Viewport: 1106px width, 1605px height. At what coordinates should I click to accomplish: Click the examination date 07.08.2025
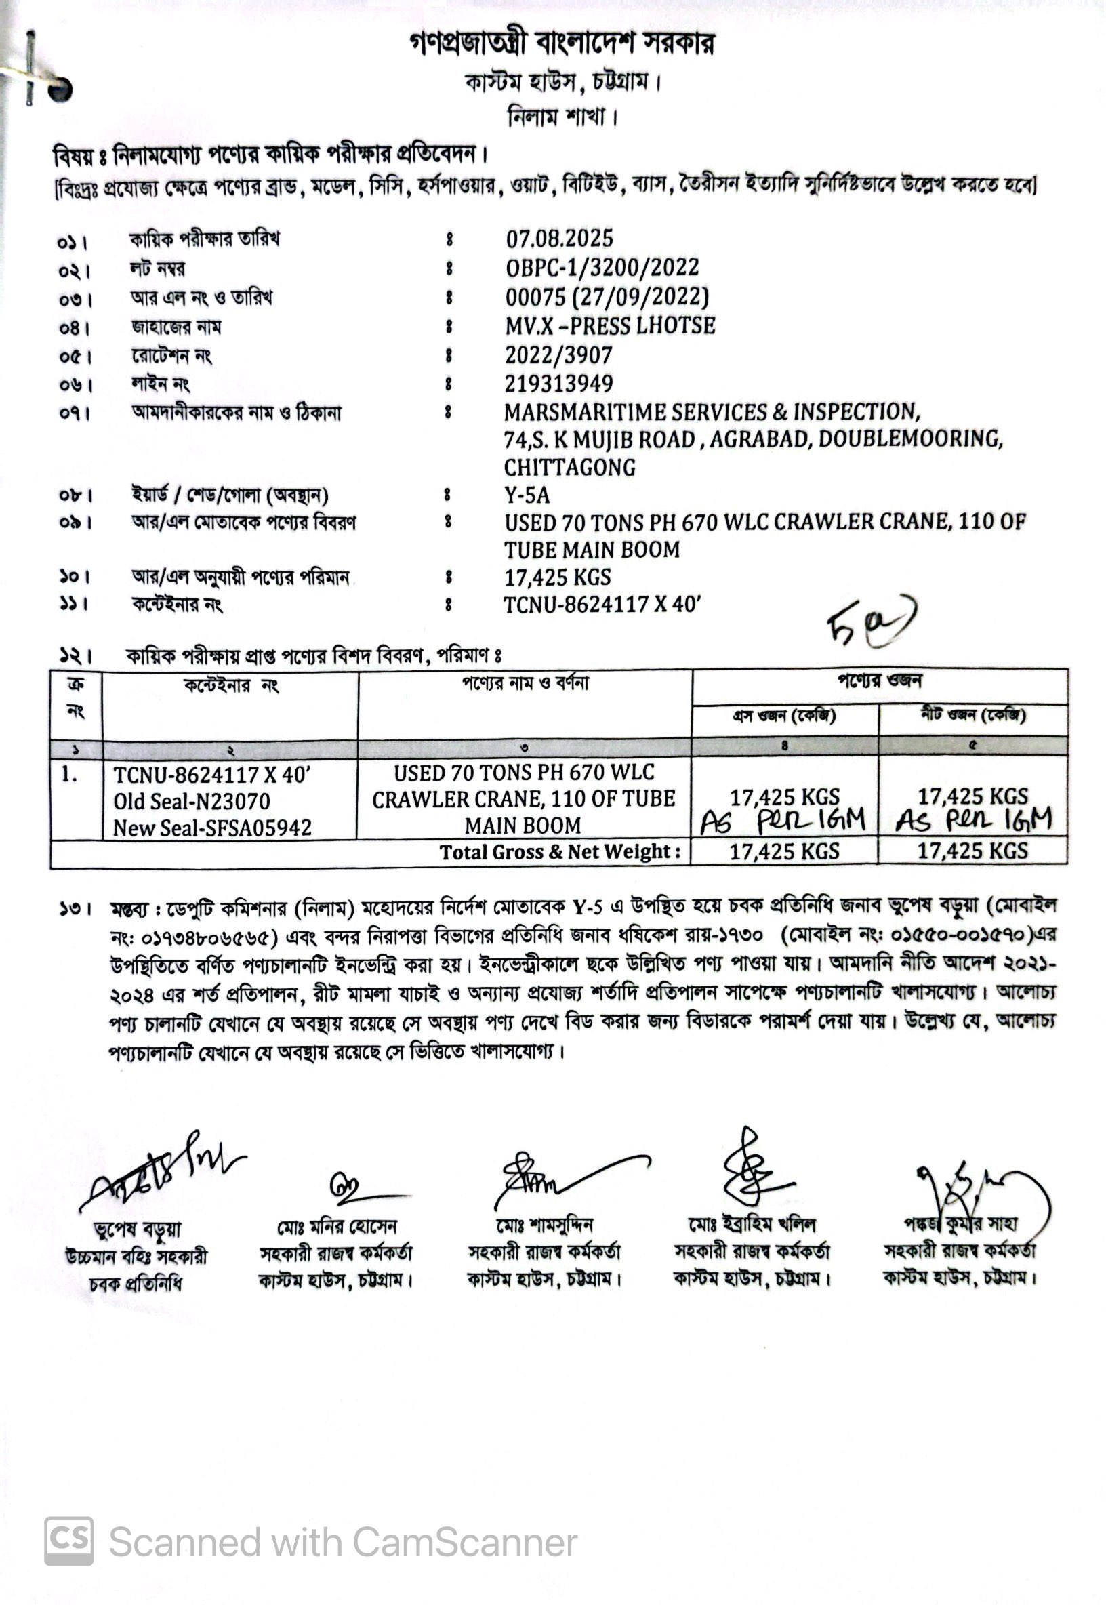[x=559, y=239]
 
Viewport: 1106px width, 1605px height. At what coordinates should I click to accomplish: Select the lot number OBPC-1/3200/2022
[x=602, y=268]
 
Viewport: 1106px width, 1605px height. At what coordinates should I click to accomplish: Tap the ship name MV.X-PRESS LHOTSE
[x=610, y=326]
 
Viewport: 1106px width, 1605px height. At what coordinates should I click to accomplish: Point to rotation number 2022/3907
[x=558, y=354]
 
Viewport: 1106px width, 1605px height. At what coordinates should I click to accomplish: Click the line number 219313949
[x=558, y=383]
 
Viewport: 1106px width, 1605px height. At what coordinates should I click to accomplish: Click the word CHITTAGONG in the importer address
[x=569, y=467]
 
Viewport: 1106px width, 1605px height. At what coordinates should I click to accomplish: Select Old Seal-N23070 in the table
[x=191, y=801]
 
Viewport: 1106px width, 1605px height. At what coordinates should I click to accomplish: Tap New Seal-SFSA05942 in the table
[x=212, y=828]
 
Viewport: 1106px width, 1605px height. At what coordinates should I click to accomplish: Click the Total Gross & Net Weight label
[x=559, y=852]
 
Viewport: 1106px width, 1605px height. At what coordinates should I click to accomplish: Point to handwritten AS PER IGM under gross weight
[x=782, y=821]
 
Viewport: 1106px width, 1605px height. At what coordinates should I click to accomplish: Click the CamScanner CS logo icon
[x=68, y=1541]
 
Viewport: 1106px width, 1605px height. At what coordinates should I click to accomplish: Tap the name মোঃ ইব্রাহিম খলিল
[x=751, y=1225]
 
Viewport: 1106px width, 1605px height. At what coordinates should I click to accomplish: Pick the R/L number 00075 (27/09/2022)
[x=607, y=297]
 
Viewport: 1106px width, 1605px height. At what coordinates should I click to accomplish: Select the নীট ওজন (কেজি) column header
[x=972, y=715]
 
